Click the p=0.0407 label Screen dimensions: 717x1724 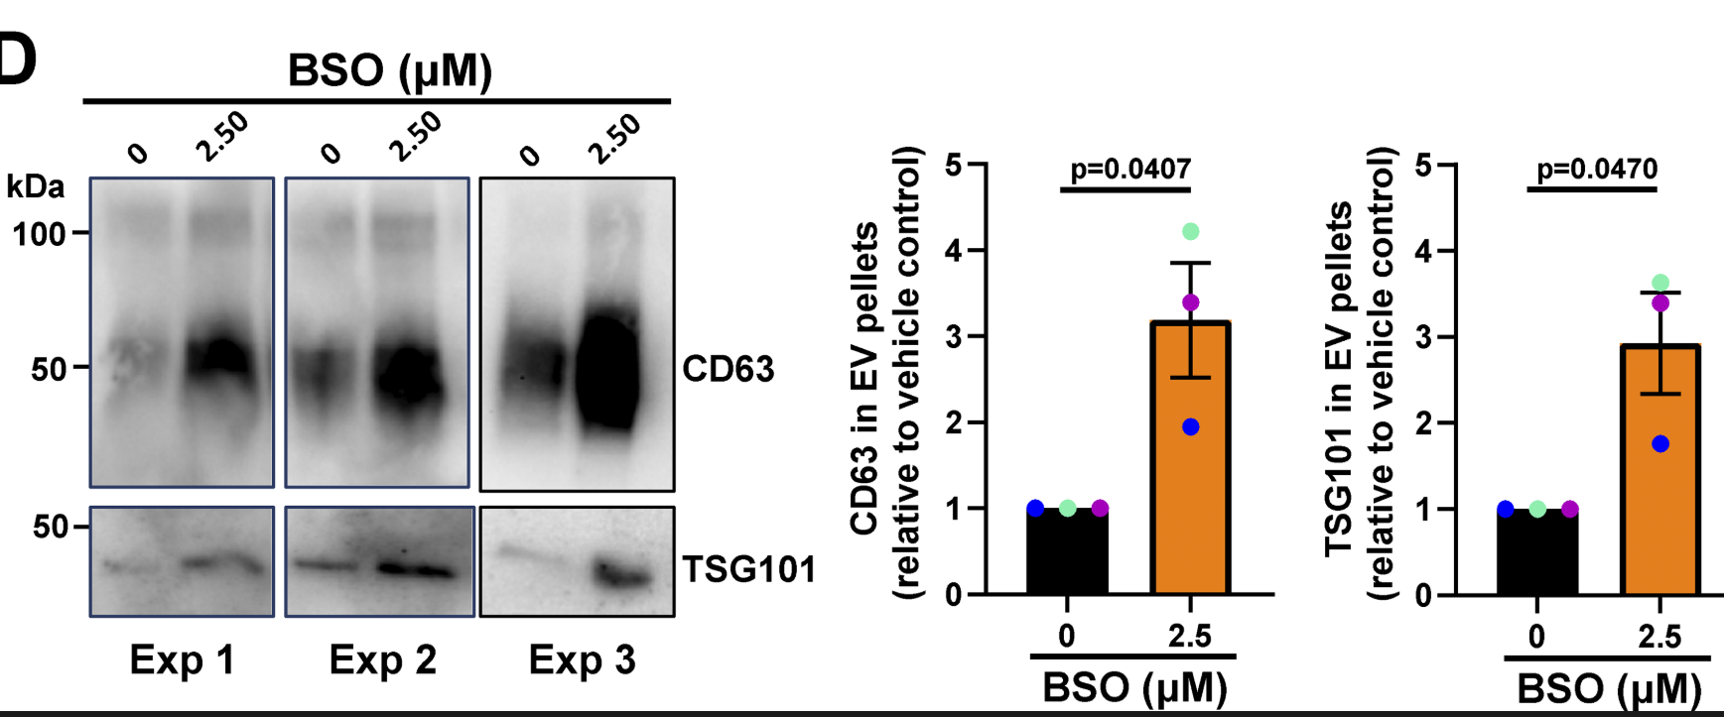pyautogui.click(x=1130, y=169)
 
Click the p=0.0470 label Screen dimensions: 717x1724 pyautogui.click(x=1597, y=169)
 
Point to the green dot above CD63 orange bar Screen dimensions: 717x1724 pyautogui.click(x=1191, y=232)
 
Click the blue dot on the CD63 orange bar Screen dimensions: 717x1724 pyautogui.click(x=1191, y=427)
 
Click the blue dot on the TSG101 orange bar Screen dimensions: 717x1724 pyautogui.click(x=1660, y=444)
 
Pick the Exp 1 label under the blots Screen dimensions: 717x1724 pyautogui.click(x=183, y=660)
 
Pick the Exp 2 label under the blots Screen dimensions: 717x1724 pyautogui.click(x=382, y=660)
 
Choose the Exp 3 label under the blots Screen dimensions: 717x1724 pyautogui.click(x=582, y=660)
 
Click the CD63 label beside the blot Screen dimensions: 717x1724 pyautogui.click(x=728, y=369)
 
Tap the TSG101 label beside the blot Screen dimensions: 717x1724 pyautogui.click(x=748, y=569)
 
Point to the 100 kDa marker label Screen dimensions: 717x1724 pyautogui.click(x=39, y=235)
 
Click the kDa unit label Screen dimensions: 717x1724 pyautogui.click(x=35, y=186)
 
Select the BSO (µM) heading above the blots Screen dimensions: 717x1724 pyautogui.click(x=390, y=71)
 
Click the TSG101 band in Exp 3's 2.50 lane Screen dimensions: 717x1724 pyautogui.click(x=623, y=574)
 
